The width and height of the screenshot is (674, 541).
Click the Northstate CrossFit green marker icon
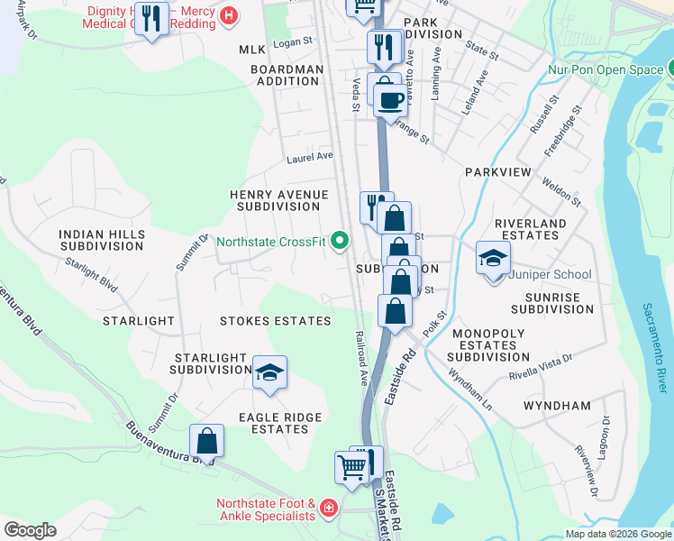(340, 241)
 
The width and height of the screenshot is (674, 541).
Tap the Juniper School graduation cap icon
(493, 259)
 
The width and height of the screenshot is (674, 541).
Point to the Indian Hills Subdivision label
(101, 240)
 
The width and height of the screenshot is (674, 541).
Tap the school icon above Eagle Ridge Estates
(269, 373)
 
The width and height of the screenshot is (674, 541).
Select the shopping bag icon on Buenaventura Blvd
(207, 442)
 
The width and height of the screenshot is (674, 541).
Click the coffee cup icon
(390, 100)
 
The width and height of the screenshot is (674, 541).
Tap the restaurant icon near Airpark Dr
(151, 19)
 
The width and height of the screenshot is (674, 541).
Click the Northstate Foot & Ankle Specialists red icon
(328, 509)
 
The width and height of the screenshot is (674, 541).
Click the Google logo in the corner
(30, 530)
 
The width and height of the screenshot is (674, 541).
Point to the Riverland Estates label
(531, 229)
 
